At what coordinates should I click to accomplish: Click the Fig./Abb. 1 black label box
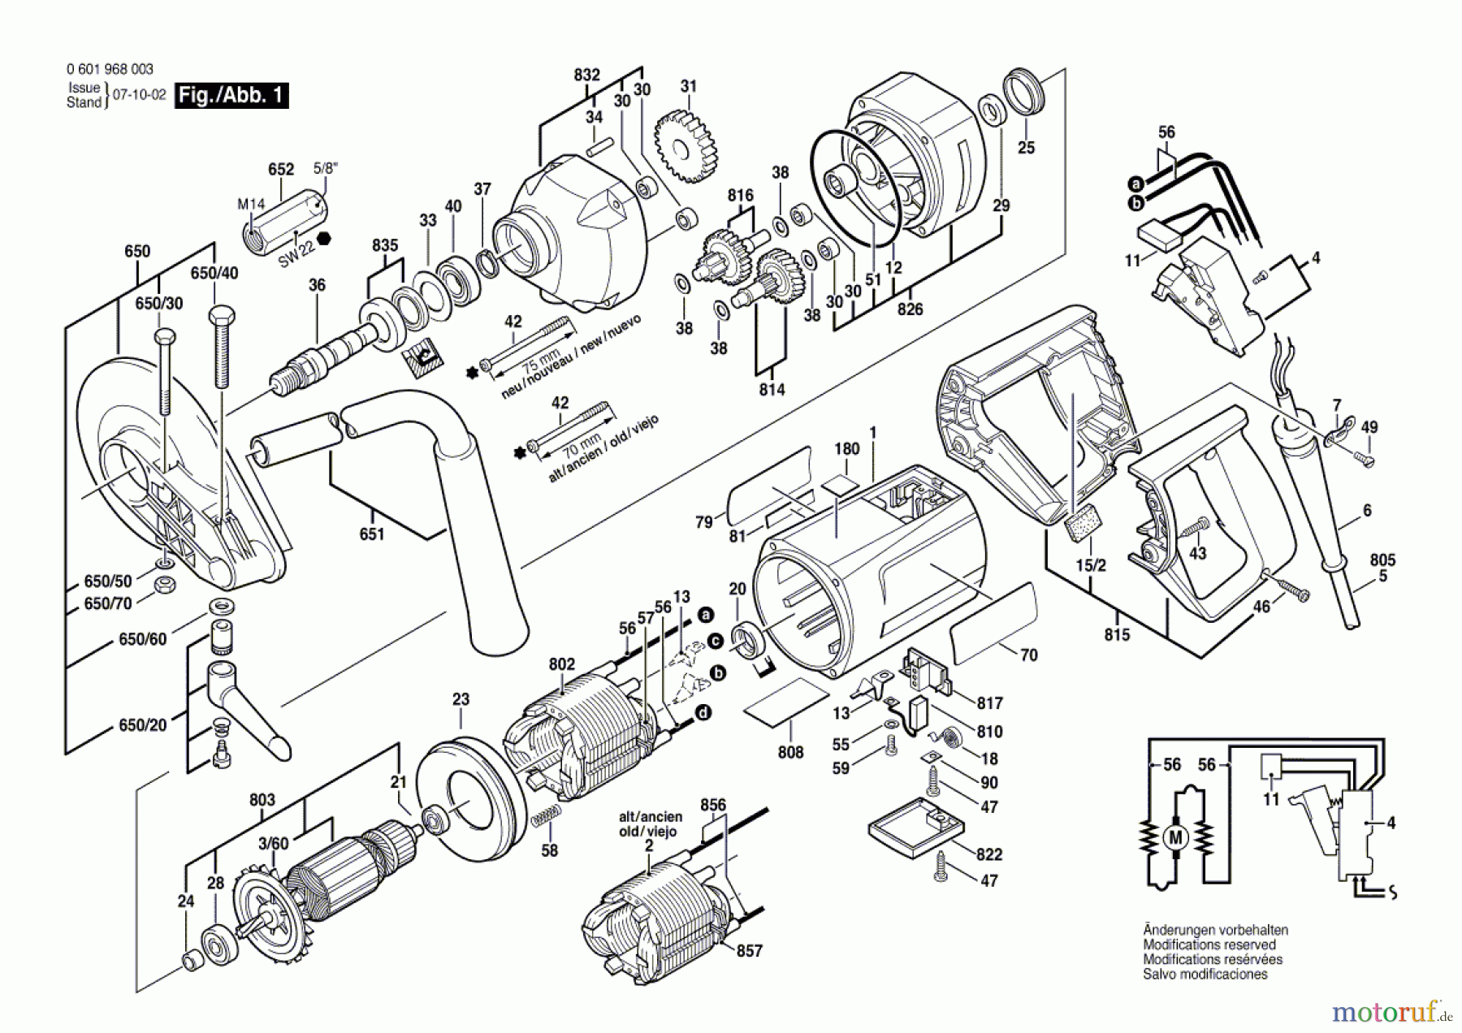pos(231,95)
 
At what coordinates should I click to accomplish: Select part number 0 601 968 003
pos(110,70)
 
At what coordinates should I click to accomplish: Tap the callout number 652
pos(281,170)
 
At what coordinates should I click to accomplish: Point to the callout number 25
pos(1027,148)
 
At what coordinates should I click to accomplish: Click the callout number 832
pos(586,75)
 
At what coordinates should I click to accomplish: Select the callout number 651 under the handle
pos(372,534)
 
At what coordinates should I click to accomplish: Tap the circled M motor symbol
pos(1175,837)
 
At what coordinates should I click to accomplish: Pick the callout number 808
pos(790,752)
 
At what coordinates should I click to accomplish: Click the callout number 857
pos(749,950)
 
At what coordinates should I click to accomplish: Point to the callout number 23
pos(461,698)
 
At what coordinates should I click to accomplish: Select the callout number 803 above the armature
pos(262,800)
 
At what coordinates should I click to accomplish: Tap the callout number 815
pos(1117,634)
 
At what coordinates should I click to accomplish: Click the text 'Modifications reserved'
pos(1209,944)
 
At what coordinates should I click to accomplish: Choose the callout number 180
pos(846,449)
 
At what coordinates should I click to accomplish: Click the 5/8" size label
pos(326,168)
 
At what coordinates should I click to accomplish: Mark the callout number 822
pos(989,854)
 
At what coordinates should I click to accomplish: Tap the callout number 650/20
pos(142,724)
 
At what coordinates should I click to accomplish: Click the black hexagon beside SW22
pos(325,239)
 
